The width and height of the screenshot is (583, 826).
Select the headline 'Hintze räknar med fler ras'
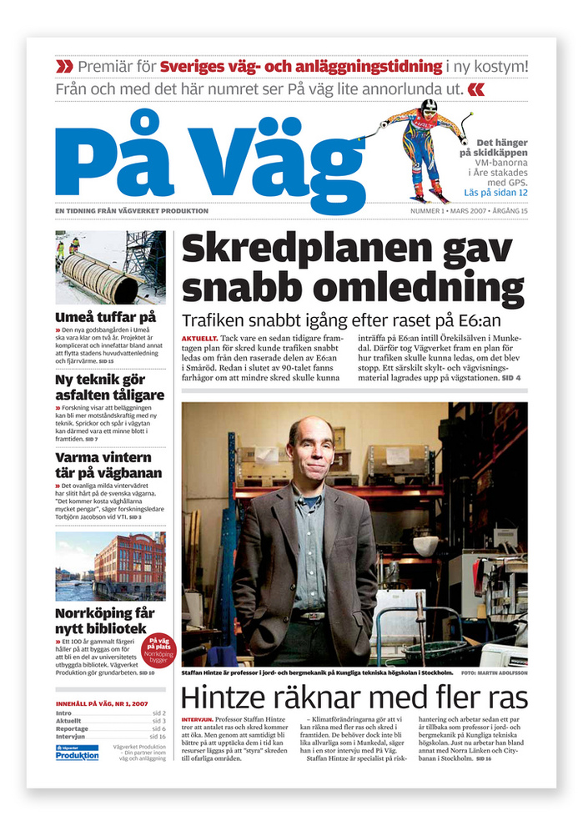pos(351,697)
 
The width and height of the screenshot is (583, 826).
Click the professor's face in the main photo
pos(310,446)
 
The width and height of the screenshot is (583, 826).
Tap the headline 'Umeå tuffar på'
pos(105,317)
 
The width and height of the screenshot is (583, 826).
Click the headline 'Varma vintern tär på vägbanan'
pos(103,465)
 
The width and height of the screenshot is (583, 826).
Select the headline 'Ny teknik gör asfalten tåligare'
pos(109,388)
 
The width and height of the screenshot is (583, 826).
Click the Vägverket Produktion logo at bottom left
pos(77,753)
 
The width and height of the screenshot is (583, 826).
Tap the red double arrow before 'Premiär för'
pos(63,66)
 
